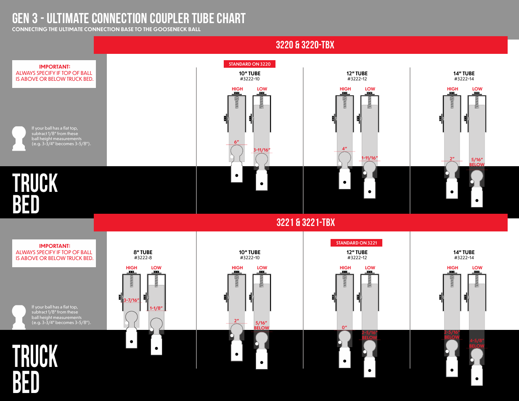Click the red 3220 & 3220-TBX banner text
pyautogui.click(x=305, y=45)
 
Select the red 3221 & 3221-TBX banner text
pyautogui.click(x=305, y=223)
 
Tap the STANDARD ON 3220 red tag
pyautogui.click(x=249, y=64)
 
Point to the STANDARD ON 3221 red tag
pyautogui.click(x=356, y=243)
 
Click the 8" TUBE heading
pyautogui.click(x=143, y=252)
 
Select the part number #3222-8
pyautogui.click(x=143, y=258)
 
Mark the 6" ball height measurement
pyautogui.click(x=236, y=142)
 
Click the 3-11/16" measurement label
pyautogui.click(x=262, y=150)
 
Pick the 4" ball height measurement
pyautogui.click(x=344, y=149)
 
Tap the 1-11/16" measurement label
pyautogui.click(x=369, y=159)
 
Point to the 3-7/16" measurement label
pyautogui.click(x=131, y=300)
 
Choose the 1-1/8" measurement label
pyautogui.click(x=156, y=308)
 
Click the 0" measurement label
pyautogui.click(x=344, y=327)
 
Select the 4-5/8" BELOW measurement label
pyautogui.click(x=477, y=343)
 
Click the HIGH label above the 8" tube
pyautogui.click(x=132, y=268)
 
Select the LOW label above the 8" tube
pyautogui.click(x=156, y=268)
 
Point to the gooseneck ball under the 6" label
pyautogui.click(x=237, y=152)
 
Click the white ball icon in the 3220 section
pyautogui.click(x=19, y=138)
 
